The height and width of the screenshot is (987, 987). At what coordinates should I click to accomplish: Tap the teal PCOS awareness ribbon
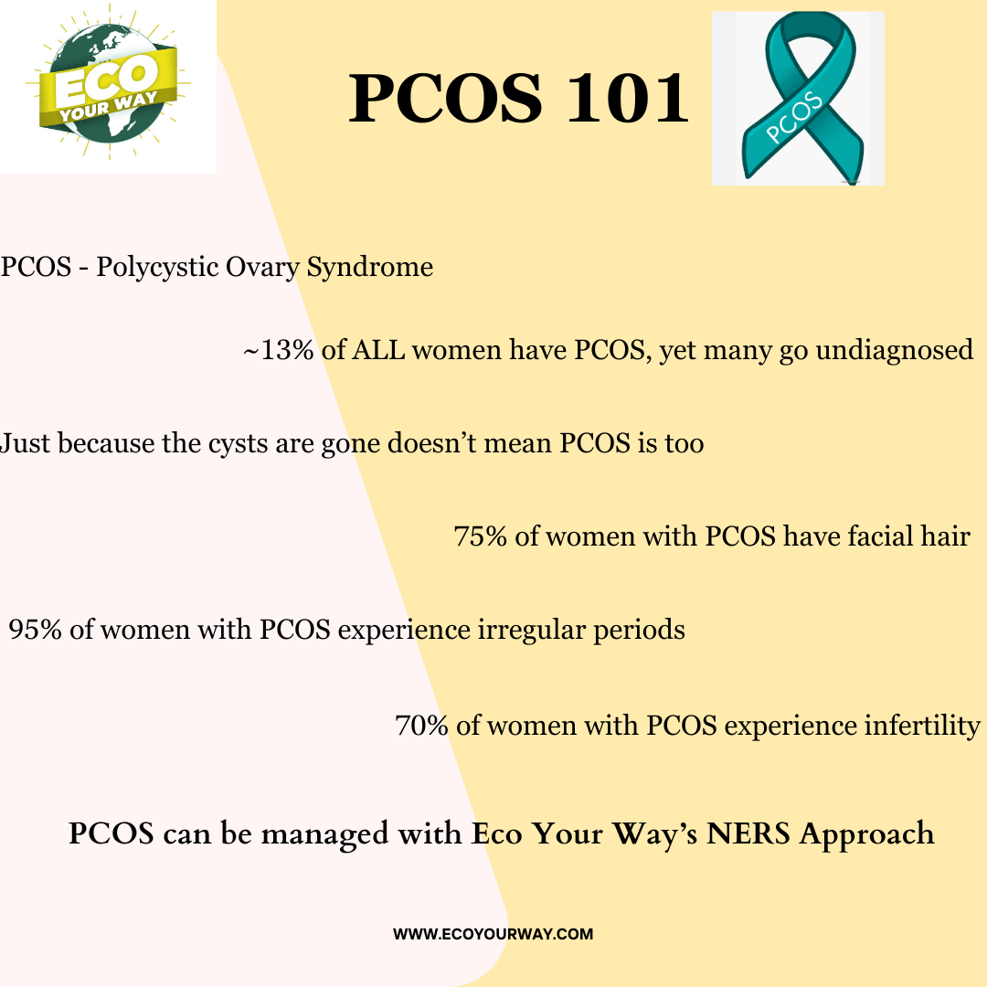point(798,98)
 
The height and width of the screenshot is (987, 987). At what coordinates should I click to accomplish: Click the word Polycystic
point(155,268)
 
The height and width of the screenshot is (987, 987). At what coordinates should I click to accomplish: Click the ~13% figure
point(278,350)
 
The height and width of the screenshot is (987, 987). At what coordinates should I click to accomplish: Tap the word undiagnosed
point(893,350)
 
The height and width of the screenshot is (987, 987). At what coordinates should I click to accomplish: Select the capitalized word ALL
point(378,350)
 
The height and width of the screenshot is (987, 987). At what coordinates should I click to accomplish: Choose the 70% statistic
point(421,726)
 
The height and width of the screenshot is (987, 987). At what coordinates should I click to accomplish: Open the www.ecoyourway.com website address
point(493,934)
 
